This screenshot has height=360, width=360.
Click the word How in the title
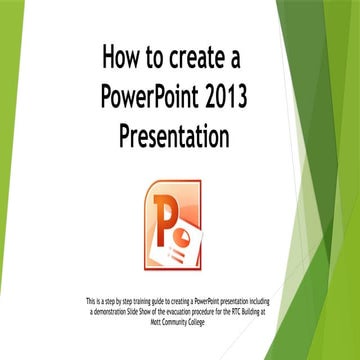coord(124,59)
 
